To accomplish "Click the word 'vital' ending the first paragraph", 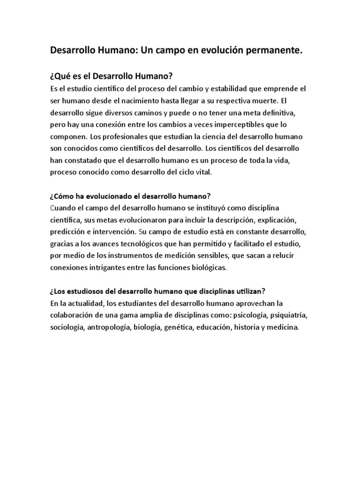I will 203,172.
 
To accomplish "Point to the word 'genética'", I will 178,327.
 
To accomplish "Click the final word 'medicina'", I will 282,327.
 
